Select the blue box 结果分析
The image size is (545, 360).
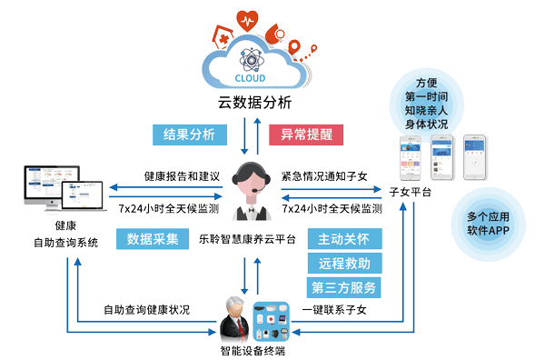189,135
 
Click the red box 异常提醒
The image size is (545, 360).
306,135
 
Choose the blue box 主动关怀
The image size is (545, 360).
342,239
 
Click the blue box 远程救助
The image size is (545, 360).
342,264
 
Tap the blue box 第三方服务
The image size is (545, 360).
342,288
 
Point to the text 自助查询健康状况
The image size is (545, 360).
146,309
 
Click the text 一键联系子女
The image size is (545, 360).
337,309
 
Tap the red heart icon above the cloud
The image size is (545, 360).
246,22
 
